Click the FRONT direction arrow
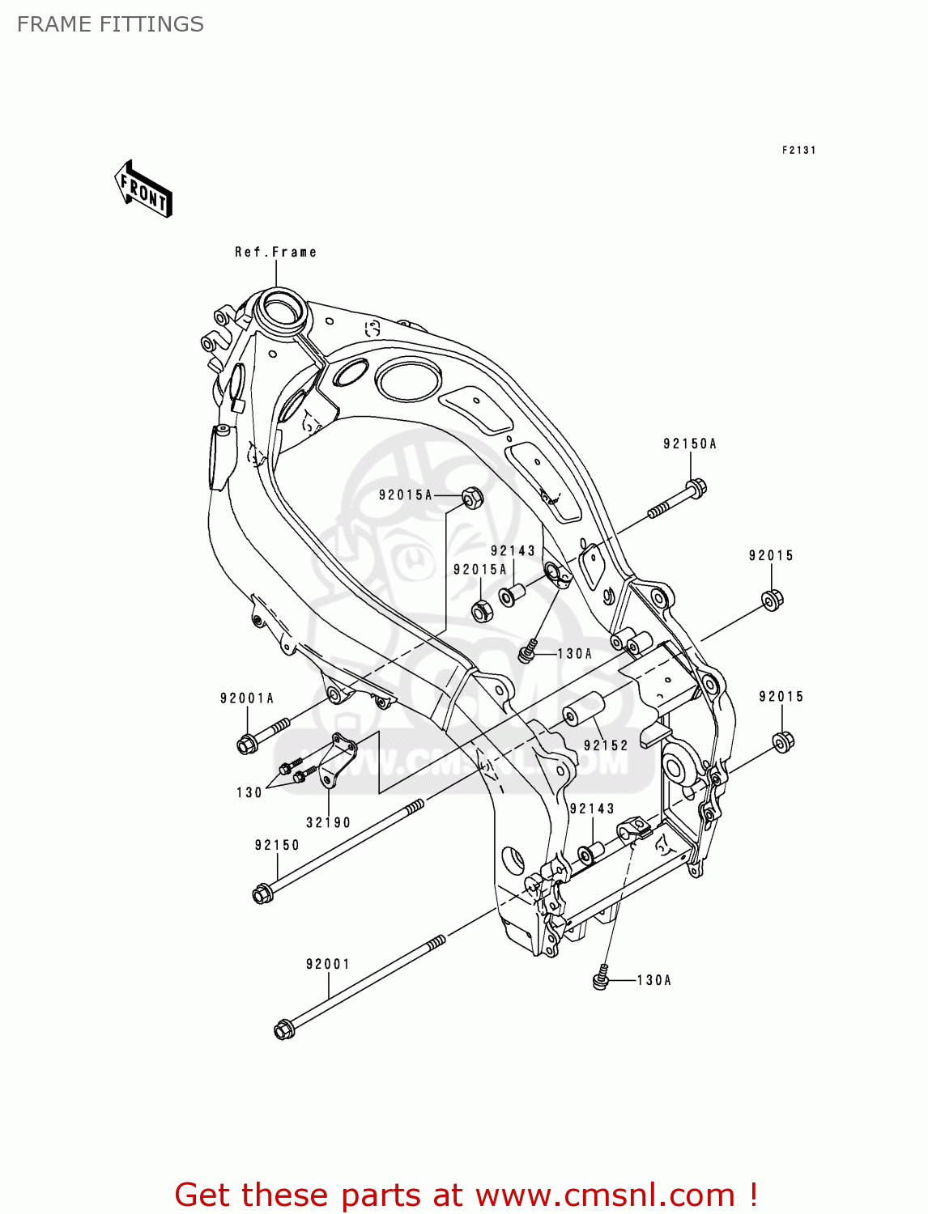coord(144,189)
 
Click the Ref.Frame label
coord(275,252)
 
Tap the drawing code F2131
coord(798,150)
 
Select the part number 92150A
coord(690,444)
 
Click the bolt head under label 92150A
coord(696,488)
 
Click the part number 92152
coord(606,745)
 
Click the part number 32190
coord(328,822)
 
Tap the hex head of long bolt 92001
coord(283,1029)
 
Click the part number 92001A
coord(247,698)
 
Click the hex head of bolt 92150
coord(262,894)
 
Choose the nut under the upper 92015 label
coord(773,600)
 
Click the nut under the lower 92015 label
coord(783,741)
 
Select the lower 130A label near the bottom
coord(654,980)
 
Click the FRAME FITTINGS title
coord(110,24)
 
